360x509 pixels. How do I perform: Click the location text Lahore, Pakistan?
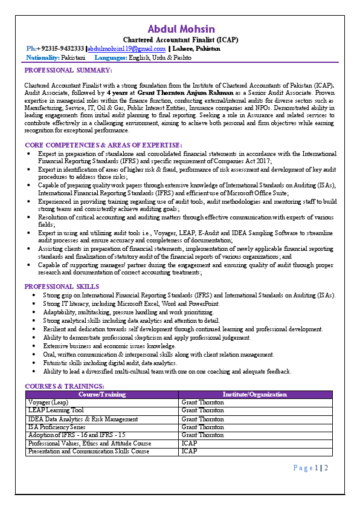196,48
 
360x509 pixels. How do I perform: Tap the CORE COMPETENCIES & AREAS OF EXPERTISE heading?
103,146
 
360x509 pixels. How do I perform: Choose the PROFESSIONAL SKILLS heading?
62,287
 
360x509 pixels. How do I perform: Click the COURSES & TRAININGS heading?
64,386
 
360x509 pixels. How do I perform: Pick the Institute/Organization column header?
255,395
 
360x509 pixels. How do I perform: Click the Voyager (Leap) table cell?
48,403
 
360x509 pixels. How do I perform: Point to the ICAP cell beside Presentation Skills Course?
189,452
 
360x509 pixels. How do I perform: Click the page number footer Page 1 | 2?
310,468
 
